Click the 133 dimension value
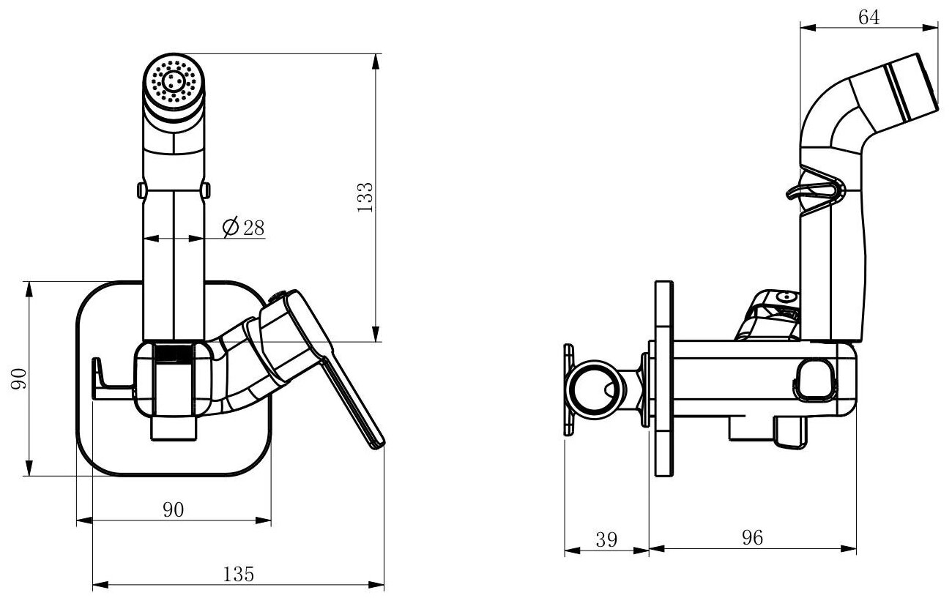tap(367, 197)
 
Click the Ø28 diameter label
tap(243, 228)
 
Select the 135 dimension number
tap(239, 575)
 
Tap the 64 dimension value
tap(868, 18)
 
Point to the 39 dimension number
tap(606, 540)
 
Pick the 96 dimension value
tap(752, 538)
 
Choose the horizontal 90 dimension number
tap(173, 510)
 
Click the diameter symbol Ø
tap(228, 228)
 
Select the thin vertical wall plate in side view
tap(663, 379)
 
